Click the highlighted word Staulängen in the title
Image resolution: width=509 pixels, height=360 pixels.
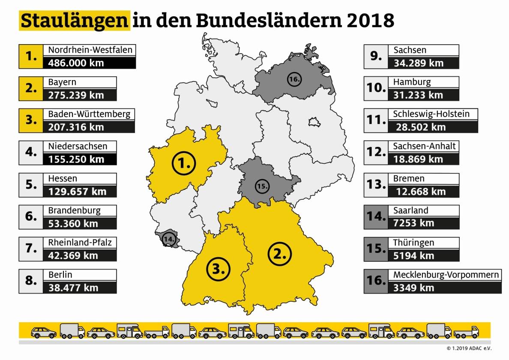coord(74,21)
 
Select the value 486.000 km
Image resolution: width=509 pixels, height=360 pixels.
coord(76,63)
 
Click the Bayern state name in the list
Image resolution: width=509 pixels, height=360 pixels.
coord(62,82)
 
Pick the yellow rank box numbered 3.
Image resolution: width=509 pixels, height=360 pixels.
coord(31,120)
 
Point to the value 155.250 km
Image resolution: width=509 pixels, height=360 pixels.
coord(76,159)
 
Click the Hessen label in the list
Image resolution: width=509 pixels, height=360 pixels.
coord(63,178)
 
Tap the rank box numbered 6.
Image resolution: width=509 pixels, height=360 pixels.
coord(31,216)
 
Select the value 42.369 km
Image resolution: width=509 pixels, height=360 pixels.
coord(73,256)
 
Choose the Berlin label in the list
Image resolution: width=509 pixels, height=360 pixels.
coord(60,275)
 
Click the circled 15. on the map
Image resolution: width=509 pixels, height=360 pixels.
coord(262,186)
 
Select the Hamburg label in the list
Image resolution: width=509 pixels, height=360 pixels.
coord(412,81)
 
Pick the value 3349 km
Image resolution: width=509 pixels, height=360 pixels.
coord(413,288)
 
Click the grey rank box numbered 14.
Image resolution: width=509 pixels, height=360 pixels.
coord(376,216)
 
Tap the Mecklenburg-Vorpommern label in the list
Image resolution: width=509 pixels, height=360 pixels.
coord(446,274)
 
